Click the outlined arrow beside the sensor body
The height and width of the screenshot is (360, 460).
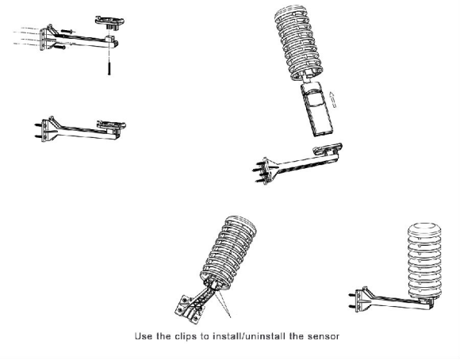click(332, 99)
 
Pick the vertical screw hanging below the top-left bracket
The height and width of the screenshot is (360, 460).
click(109, 67)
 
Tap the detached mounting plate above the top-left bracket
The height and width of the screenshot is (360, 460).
click(109, 22)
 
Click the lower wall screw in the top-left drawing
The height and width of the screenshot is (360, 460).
click(59, 46)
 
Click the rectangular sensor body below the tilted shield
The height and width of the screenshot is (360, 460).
click(317, 109)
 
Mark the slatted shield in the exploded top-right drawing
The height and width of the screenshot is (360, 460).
click(299, 43)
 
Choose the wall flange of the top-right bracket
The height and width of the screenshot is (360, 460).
click(266, 171)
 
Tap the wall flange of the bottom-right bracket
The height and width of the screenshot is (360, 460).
click(358, 301)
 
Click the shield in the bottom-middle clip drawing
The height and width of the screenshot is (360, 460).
click(228, 254)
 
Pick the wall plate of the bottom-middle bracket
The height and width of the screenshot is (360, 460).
click(188, 309)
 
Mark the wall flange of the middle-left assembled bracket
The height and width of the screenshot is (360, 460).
click(44, 131)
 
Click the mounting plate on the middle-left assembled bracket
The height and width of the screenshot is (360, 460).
click(112, 124)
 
